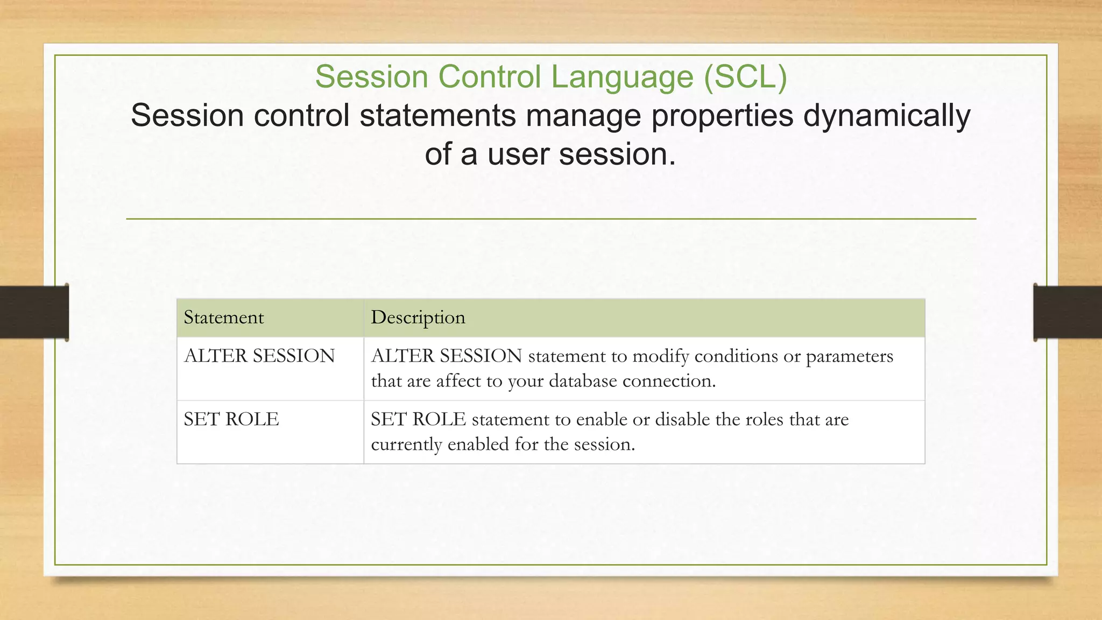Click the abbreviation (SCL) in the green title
[745, 77]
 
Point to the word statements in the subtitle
[437, 116]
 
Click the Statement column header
[224, 318]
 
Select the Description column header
[418, 318]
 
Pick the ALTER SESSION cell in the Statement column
[259, 356]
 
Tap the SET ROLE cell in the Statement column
[231, 419]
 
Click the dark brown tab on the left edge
[34, 312]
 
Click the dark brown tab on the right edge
[1068, 312]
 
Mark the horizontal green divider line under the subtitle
[551, 219]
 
